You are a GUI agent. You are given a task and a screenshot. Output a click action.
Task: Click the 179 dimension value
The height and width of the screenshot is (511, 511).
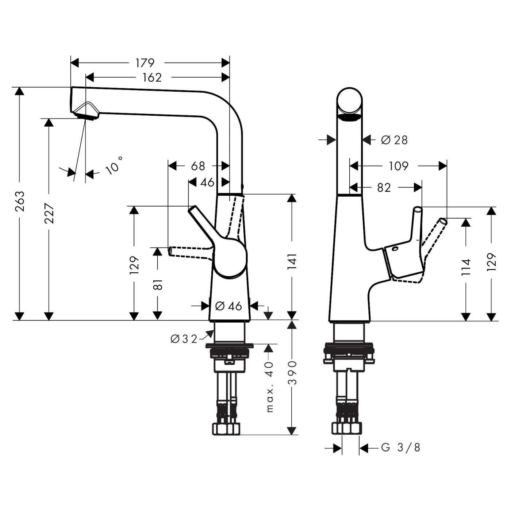[x=145, y=63]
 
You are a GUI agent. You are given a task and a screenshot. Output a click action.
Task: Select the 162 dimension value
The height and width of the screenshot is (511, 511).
[x=152, y=77]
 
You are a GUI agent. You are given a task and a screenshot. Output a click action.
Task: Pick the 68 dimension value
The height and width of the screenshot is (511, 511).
[x=198, y=166]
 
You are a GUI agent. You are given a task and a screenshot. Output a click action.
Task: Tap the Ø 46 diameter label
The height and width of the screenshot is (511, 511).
[x=229, y=306]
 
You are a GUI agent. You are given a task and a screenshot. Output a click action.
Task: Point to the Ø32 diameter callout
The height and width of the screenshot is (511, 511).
[x=184, y=339]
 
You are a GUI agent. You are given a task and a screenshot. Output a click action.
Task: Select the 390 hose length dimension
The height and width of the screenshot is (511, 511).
[x=292, y=373]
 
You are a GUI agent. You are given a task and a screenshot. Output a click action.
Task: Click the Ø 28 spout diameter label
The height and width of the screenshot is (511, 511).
[x=394, y=140]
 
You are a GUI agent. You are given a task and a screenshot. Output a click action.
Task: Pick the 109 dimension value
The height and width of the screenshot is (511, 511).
[x=398, y=166]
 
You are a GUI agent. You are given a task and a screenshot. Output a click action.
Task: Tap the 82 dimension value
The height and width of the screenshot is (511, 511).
[x=384, y=188]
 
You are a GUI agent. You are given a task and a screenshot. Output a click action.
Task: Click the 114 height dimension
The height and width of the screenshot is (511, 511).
[x=466, y=267]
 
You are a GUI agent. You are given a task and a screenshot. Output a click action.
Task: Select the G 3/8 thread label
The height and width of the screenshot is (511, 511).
[x=401, y=447]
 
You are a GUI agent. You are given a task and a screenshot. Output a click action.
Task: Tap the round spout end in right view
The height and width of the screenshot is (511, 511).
[x=350, y=101]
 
